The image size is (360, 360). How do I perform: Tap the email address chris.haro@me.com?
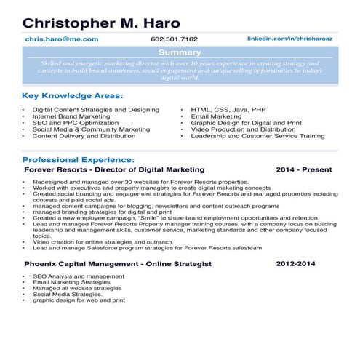click(x=62, y=39)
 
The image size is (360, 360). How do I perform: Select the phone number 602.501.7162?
click(x=175, y=39)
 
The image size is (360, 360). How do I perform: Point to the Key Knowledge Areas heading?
click(x=72, y=95)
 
